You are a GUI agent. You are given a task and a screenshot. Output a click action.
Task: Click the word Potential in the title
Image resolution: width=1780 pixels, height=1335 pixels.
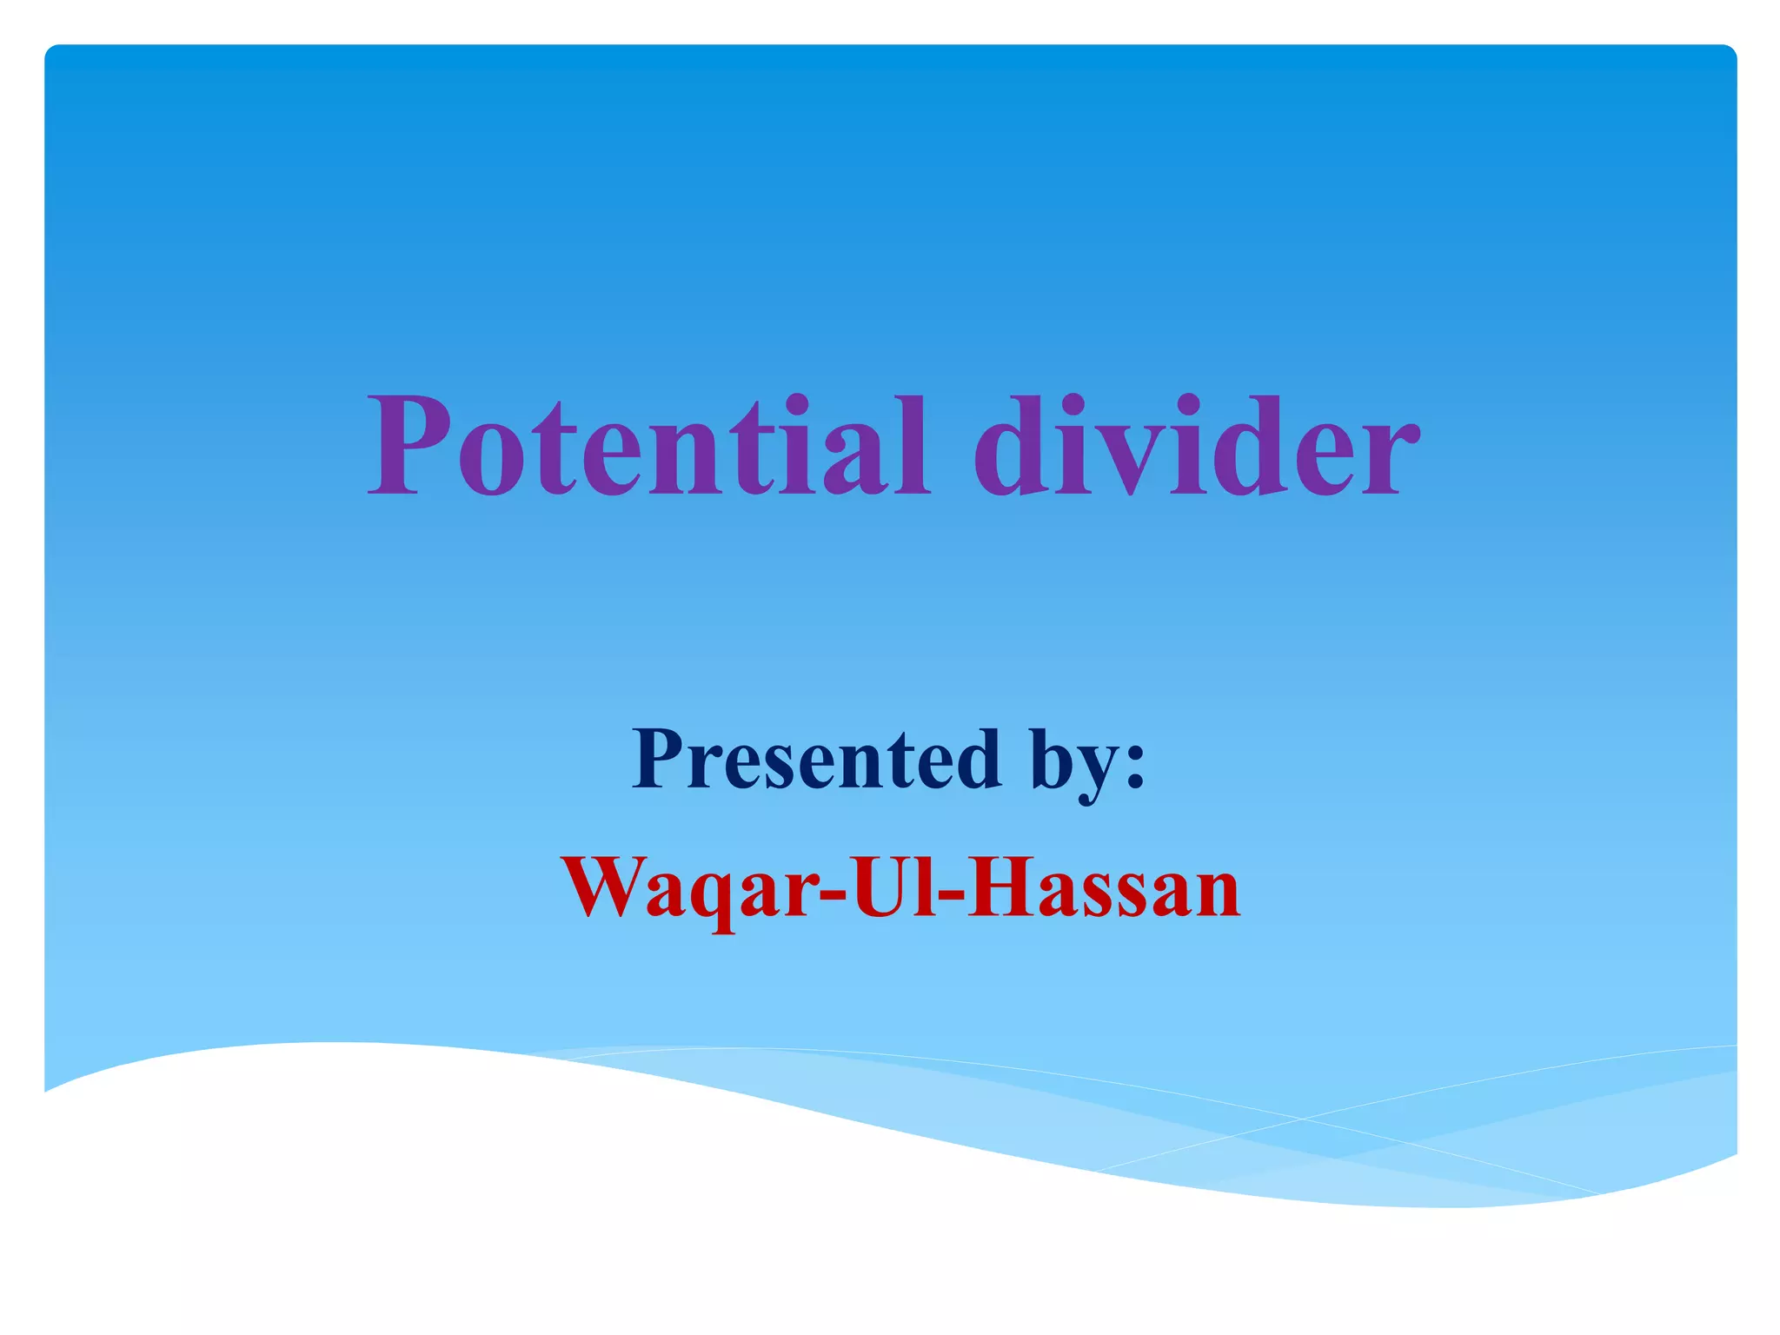[x=648, y=447]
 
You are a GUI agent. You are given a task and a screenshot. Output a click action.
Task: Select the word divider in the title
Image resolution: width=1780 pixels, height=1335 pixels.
[x=1196, y=447]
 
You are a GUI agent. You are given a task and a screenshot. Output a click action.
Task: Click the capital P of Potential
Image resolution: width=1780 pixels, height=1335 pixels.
[x=414, y=447]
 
